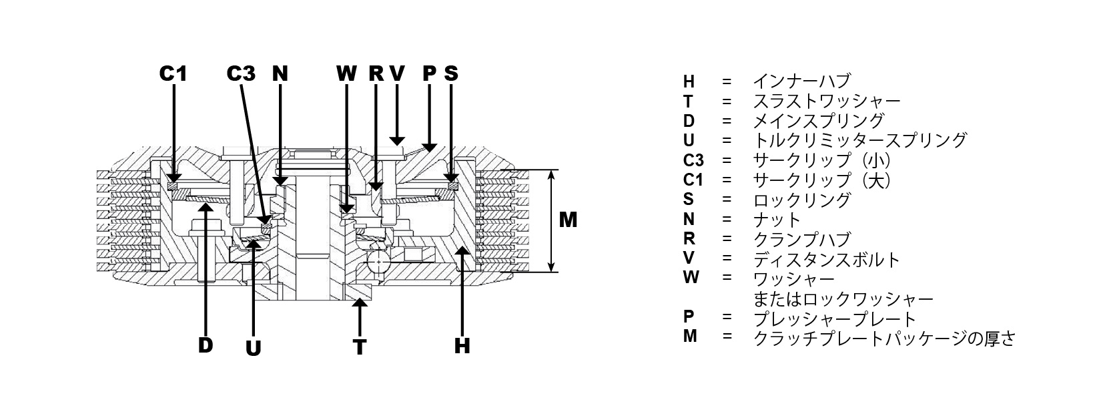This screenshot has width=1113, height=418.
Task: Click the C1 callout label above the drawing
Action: pos(173,73)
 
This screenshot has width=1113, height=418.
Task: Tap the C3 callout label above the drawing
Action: pos(241,73)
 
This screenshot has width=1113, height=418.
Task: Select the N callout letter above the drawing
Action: pos(280,73)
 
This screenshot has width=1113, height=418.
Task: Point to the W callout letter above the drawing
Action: pos(346,73)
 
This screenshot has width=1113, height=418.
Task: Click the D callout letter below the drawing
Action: pos(206,345)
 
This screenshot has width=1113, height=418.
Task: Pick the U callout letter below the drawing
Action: pos(253,349)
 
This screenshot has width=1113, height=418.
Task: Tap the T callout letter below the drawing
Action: pos(360,347)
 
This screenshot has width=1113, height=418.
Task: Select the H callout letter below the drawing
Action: pos(462,345)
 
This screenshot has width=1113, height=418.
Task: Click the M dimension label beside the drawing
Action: pos(568,220)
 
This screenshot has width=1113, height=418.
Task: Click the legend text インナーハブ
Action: pos(802,81)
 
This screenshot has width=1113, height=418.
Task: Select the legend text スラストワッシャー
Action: pos(827,101)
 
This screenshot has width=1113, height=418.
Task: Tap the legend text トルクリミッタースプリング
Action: pos(860,140)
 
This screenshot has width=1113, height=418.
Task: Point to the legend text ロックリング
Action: pos(802,200)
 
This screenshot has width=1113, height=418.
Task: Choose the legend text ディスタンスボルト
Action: pos(827,260)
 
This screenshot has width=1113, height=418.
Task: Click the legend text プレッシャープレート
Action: pos(835,319)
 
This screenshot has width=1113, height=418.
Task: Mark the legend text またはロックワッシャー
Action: pos(843,299)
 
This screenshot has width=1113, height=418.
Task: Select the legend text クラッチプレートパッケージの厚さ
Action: pos(884,339)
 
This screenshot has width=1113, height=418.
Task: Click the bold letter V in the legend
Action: pos(689,258)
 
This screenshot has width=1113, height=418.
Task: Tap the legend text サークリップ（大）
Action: pos(822,180)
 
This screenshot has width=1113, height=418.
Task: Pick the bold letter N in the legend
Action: pos(689,219)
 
